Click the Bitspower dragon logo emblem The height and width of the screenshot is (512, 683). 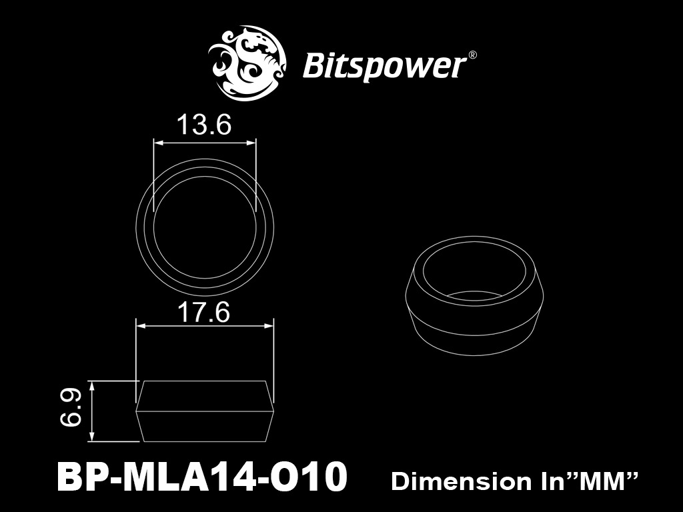click(249, 63)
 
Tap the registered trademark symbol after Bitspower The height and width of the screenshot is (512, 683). click(472, 56)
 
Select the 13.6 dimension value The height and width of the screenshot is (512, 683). click(204, 125)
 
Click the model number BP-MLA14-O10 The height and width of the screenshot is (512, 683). click(203, 478)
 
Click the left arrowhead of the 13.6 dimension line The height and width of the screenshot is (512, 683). click(157, 141)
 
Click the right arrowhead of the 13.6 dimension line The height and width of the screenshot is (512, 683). click(253, 141)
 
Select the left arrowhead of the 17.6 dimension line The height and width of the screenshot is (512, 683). click(139, 325)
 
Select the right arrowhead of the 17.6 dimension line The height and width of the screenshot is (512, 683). click(270, 325)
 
